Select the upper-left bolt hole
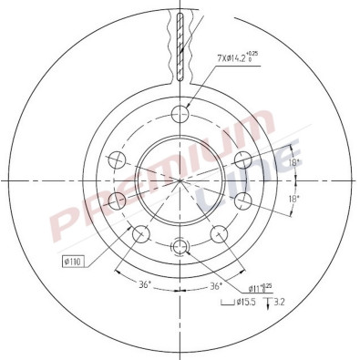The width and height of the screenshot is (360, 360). [117, 161]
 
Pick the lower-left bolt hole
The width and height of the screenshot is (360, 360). [140, 236]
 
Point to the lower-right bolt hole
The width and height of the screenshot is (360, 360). [220, 235]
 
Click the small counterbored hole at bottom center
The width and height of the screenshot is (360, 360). [180, 246]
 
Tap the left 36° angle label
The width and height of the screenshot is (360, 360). [144, 285]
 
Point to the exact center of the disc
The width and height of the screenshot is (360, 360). [180, 179]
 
